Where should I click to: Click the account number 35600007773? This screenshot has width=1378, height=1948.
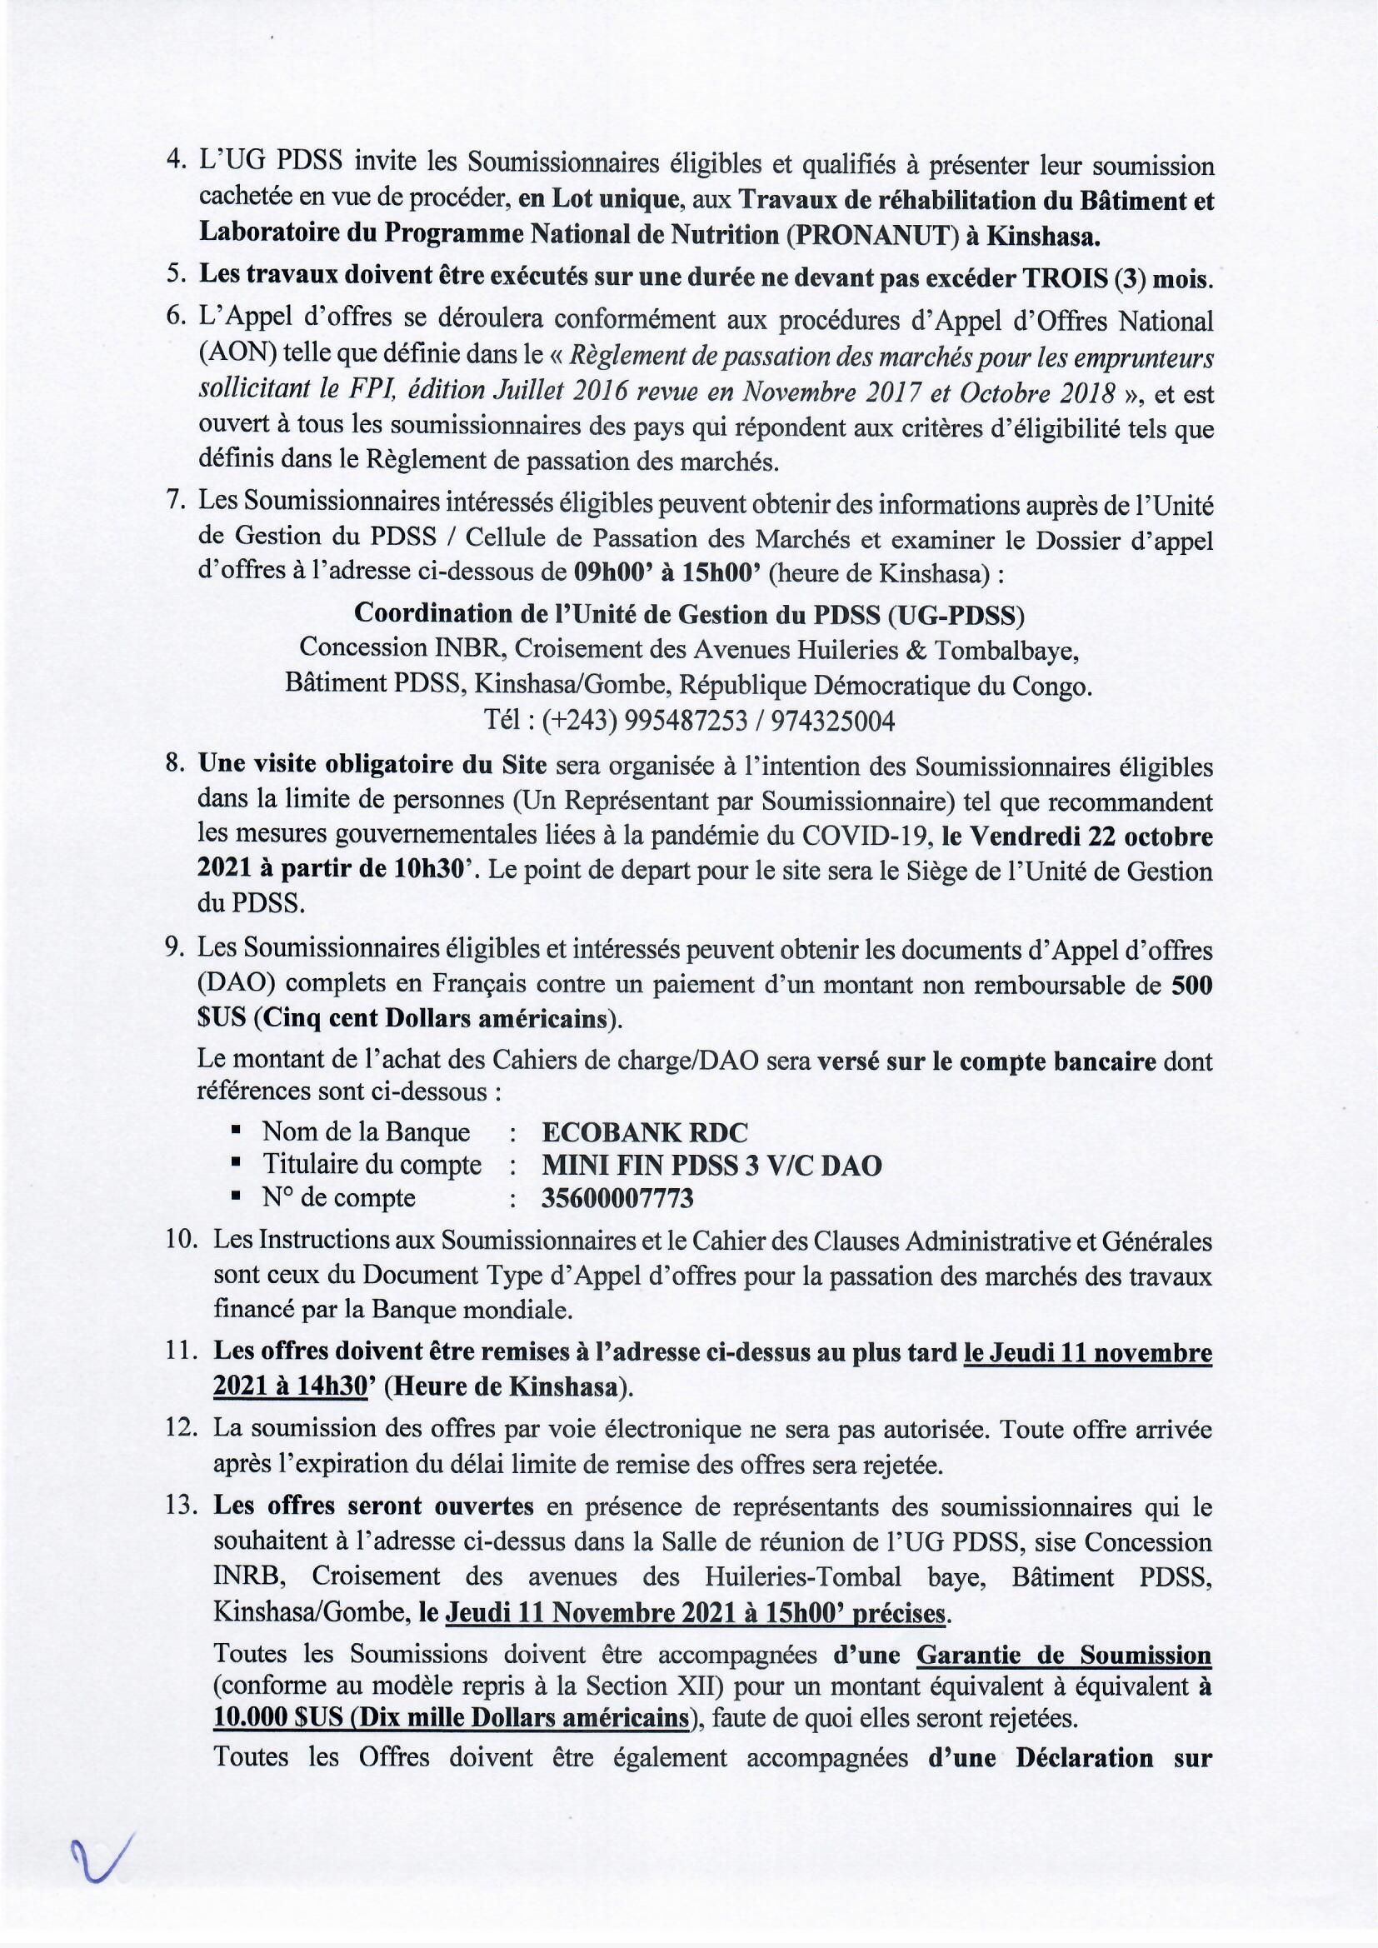pos(617,1198)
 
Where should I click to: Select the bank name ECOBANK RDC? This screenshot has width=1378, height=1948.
pos(645,1131)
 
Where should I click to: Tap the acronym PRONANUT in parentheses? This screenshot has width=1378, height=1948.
pos(873,234)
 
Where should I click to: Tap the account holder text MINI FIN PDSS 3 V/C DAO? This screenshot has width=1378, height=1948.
pos(711,1166)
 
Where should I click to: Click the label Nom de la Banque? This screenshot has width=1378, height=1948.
pos(366,1131)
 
